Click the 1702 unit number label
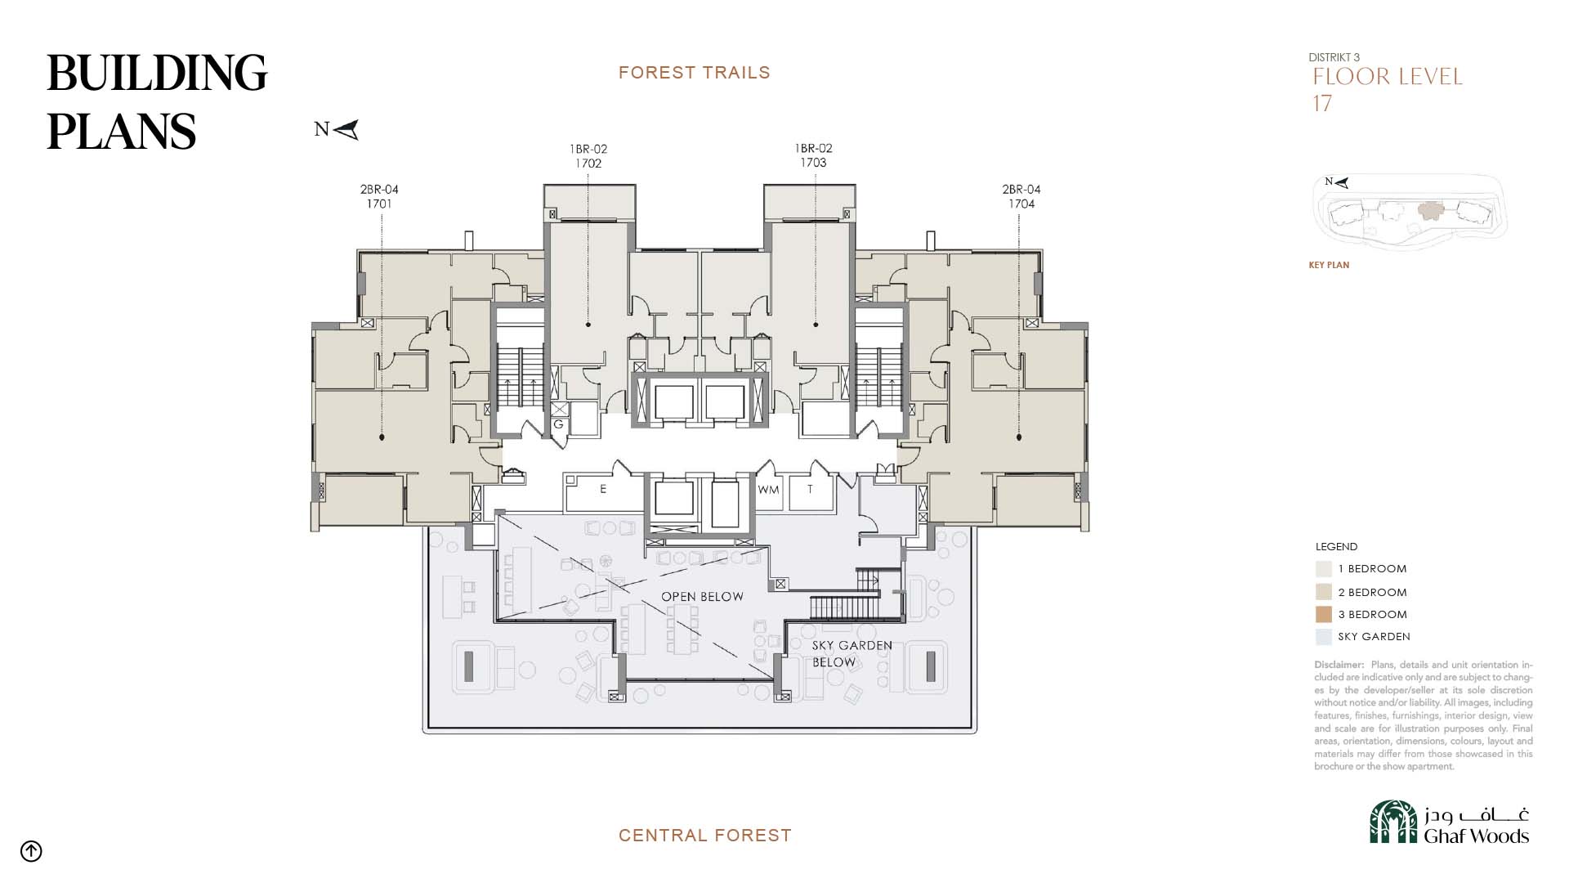coord(588,164)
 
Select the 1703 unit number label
coord(813,163)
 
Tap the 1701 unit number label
coord(379,204)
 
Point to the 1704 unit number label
coord(1021,204)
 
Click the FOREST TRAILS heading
coord(695,73)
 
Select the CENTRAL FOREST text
coord(705,836)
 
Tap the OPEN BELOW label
coord(703,597)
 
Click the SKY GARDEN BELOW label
coord(852,653)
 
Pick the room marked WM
coord(769,490)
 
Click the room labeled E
coord(603,490)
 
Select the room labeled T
coord(810,490)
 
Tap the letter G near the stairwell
coord(559,424)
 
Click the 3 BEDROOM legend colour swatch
coord(1324,614)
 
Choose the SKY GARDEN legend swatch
coord(1324,636)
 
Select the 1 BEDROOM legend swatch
coord(1324,568)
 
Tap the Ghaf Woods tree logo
coord(1393,822)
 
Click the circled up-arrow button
coord(31,851)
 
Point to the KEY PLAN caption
coord(1329,265)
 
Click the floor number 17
coord(1322,104)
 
